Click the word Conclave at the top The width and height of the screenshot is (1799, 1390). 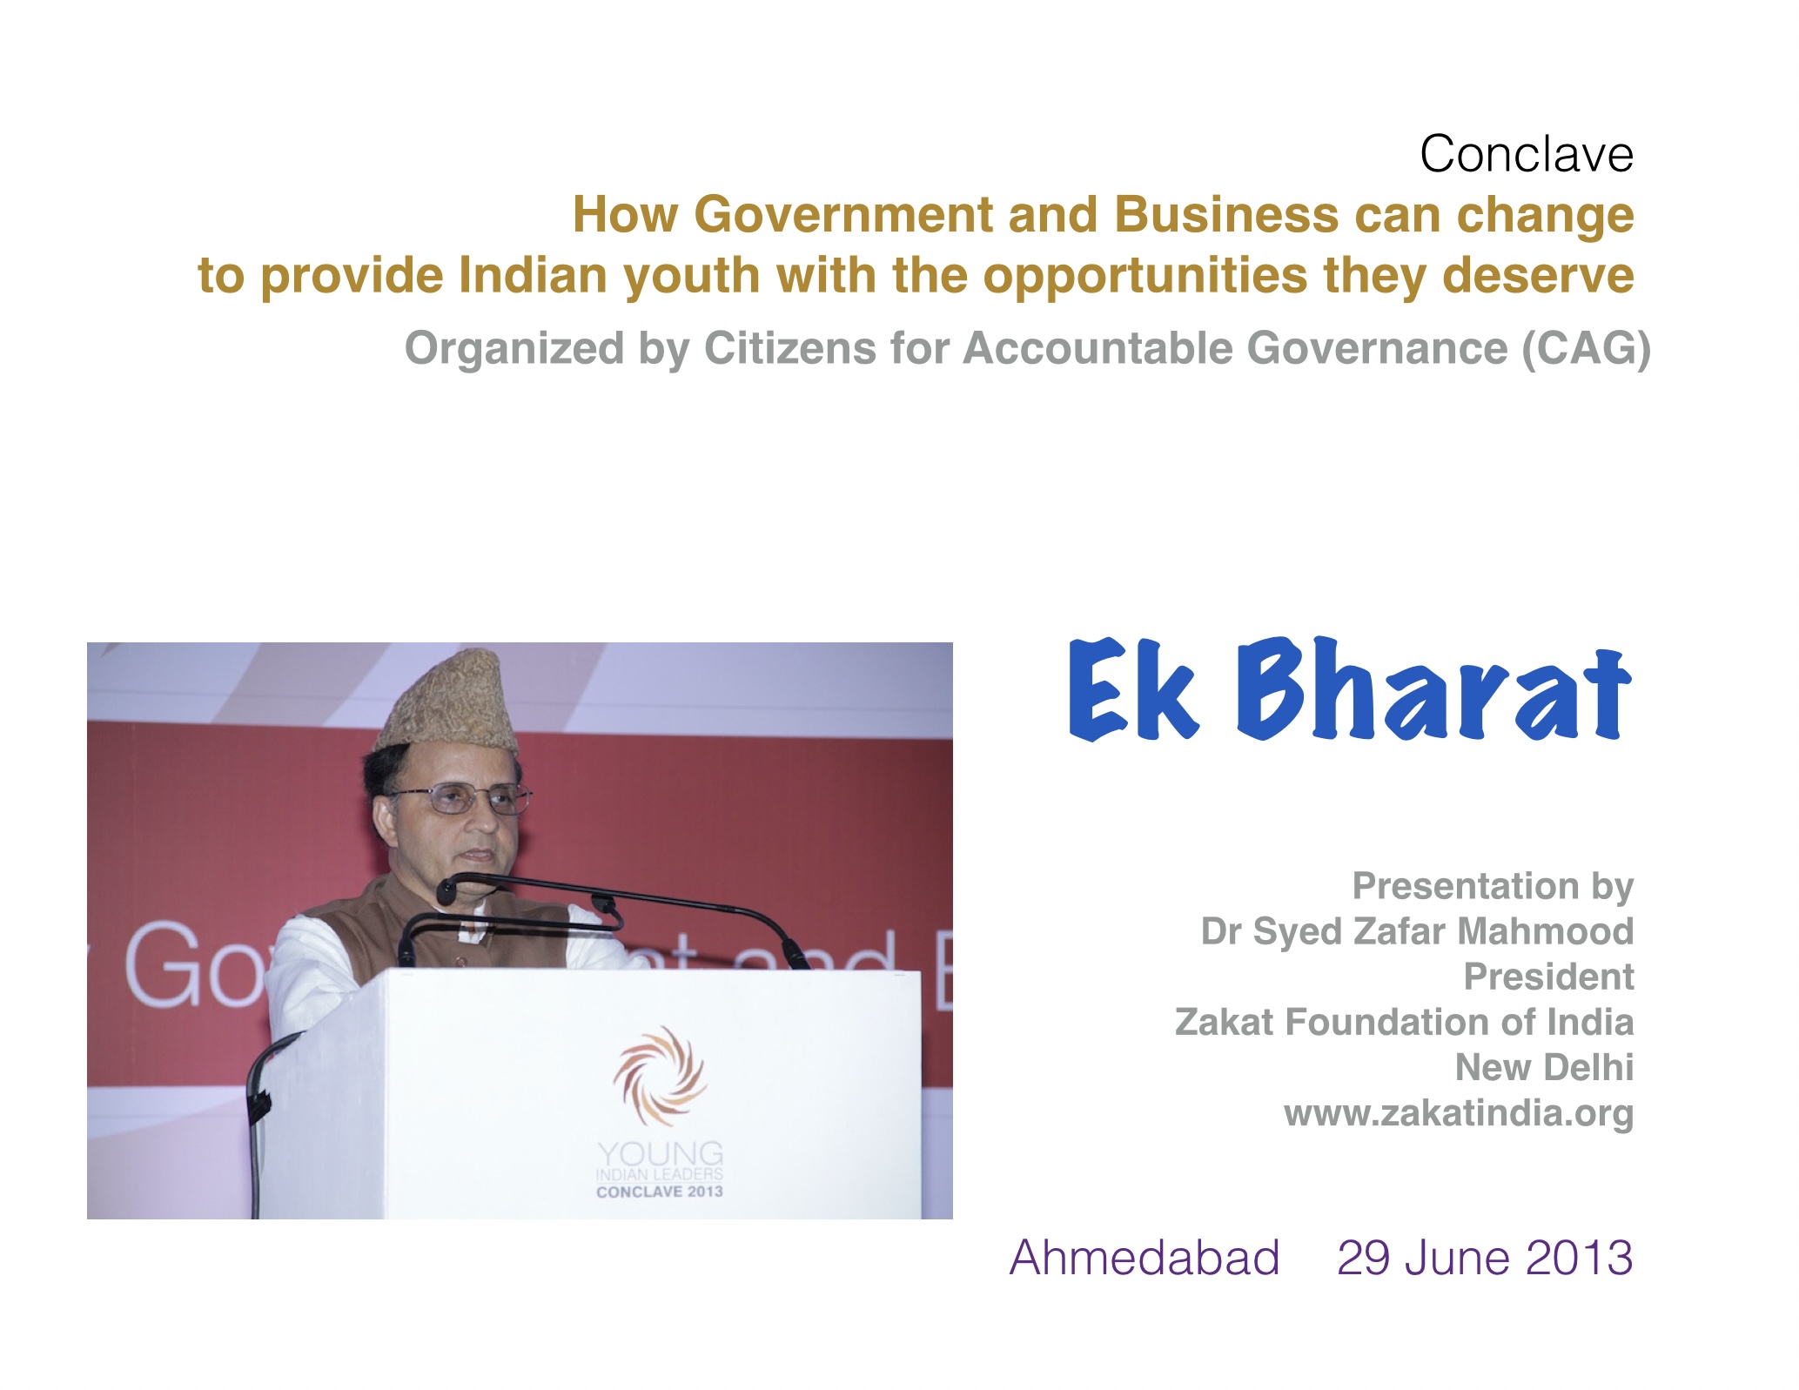point(1527,154)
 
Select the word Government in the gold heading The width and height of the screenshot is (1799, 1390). point(843,215)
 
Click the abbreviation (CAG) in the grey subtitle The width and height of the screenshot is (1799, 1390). point(1586,348)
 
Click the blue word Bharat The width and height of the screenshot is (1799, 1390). point(1433,689)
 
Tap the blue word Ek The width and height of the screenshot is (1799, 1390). point(1133,689)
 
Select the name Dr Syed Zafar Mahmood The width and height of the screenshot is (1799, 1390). point(1417,931)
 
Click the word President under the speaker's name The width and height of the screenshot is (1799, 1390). point(1548,977)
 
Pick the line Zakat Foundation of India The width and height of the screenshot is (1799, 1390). point(1404,1022)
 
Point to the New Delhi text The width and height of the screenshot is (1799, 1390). point(1544,1067)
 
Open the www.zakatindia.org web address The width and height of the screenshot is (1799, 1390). point(1459,1113)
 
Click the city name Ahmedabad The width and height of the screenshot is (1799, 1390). point(1145,1258)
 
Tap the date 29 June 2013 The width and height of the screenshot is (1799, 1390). point(1485,1258)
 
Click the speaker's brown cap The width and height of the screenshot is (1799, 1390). point(446,701)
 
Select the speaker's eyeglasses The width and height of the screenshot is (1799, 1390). point(461,796)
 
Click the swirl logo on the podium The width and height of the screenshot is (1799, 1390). point(660,1076)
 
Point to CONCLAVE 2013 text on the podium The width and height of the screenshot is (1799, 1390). point(660,1192)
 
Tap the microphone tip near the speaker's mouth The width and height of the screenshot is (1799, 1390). point(446,890)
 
